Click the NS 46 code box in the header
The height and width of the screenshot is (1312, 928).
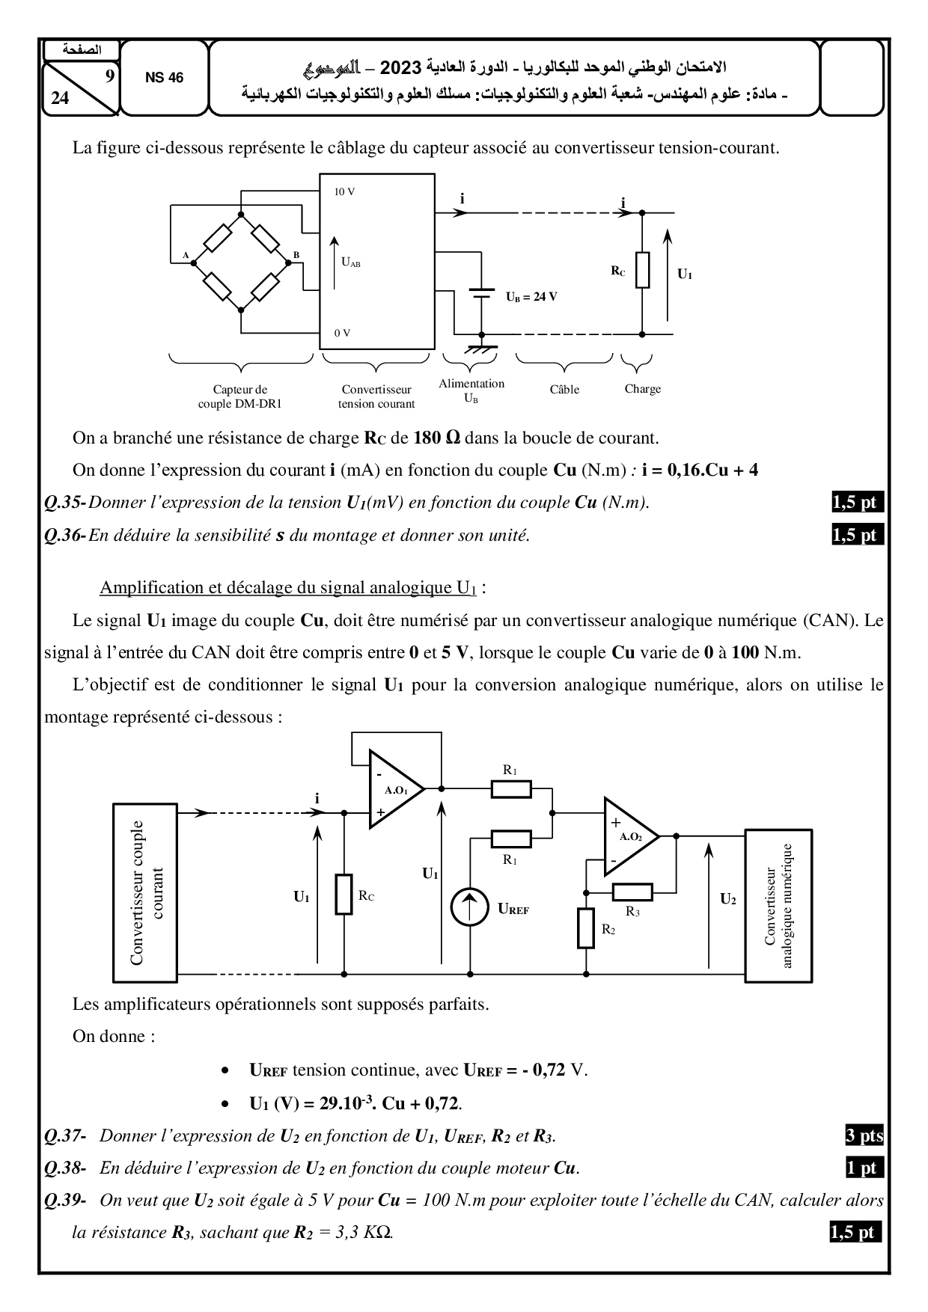(164, 79)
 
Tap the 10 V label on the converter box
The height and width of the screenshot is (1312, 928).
(344, 192)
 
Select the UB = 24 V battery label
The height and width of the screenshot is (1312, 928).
(531, 296)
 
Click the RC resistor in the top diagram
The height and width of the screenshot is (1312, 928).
(642, 271)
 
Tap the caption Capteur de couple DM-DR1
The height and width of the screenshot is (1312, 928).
(240, 396)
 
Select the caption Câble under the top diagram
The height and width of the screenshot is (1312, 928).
(564, 390)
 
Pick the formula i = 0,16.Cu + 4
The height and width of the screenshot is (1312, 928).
(700, 470)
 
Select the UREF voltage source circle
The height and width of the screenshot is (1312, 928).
(469, 908)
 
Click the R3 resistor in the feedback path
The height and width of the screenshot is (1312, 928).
(632, 892)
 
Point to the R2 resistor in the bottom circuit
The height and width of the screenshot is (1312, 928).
(586, 928)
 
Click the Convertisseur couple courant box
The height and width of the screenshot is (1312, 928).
(145, 892)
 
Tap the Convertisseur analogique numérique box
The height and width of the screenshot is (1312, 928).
(778, 905)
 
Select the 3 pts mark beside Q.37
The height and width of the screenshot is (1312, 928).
(864, 1135)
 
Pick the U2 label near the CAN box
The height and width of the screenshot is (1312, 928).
(727, 899)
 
